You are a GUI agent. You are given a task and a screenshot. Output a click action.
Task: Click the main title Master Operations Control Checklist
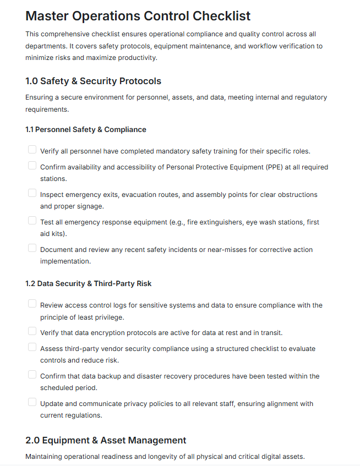138,16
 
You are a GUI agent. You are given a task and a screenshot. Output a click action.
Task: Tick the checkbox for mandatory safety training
32,150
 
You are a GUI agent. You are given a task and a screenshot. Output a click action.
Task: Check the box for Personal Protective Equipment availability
32,166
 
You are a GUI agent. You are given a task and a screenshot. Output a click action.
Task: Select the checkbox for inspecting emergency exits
32,193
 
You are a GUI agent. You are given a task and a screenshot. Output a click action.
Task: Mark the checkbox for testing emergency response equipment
32,221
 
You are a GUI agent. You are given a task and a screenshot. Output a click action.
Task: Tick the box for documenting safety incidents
32,248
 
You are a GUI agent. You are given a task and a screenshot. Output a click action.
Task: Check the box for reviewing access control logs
32,304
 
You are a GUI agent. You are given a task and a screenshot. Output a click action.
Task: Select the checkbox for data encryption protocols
32,331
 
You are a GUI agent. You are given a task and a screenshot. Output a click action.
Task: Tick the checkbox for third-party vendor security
32,347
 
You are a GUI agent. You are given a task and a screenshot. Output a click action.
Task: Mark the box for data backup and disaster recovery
32,375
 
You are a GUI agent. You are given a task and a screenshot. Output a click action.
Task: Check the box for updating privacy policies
32,402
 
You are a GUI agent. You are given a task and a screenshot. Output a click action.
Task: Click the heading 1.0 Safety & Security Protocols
93,81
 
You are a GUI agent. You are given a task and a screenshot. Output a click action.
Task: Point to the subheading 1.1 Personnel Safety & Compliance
85,130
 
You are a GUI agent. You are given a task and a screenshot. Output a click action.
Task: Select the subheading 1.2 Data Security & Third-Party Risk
88,284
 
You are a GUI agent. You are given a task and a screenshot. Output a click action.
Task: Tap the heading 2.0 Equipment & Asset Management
106,440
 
